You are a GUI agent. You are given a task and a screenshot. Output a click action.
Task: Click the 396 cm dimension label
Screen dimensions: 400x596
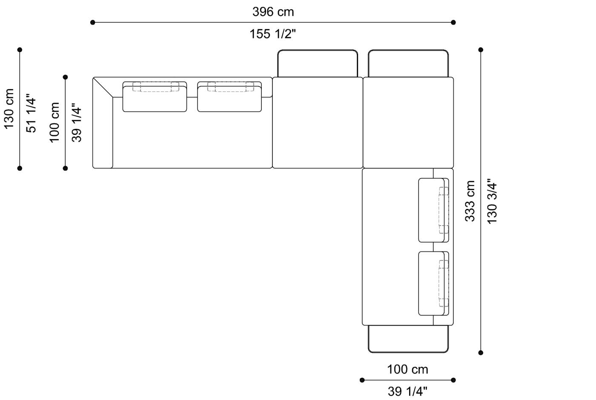point(273,12)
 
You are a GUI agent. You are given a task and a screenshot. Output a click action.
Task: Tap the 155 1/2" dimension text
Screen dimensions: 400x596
point(272,34)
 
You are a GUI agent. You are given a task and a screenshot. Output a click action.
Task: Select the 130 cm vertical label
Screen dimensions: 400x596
point(9,109)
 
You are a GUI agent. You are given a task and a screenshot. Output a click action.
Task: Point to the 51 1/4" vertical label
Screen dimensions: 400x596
point(32,113)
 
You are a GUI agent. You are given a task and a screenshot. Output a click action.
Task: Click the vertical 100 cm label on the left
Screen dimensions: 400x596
point(55,123)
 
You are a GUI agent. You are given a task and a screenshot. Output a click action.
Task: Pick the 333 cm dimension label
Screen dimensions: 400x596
point(470,201)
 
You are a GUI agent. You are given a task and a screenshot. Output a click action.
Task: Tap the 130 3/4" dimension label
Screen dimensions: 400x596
point(492,201)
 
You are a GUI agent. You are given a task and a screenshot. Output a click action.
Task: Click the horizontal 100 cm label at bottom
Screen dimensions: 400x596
point(407,369)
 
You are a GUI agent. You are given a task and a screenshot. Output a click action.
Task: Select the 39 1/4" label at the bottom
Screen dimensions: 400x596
point(407,391)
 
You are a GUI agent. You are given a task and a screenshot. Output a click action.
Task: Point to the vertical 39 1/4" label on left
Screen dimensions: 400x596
point(77,123)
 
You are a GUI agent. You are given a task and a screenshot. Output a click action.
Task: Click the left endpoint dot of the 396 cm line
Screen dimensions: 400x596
point(93,23)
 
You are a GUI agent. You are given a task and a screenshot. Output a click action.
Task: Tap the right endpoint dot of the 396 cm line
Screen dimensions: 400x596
point(453,23)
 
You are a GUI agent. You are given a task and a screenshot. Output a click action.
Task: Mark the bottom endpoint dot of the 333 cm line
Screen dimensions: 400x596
point(481,352)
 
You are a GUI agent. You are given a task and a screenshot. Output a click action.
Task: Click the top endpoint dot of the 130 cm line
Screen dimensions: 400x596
point(20,50)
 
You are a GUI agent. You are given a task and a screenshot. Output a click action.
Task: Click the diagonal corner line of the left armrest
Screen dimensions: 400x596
point(103,88)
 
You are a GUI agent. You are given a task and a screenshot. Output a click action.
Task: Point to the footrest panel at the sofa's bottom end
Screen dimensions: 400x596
point(408,339)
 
